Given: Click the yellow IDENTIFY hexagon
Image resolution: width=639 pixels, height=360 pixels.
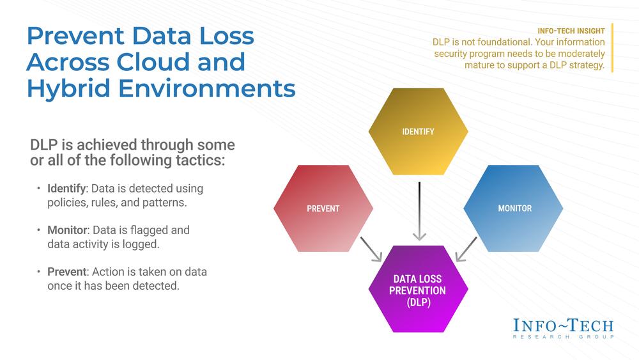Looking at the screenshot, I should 418,132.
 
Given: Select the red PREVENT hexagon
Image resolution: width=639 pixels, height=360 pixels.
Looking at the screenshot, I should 323,208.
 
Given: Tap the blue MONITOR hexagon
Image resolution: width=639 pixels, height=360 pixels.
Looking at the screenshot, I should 514,208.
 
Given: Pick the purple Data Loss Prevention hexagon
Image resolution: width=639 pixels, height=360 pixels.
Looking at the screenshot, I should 418,289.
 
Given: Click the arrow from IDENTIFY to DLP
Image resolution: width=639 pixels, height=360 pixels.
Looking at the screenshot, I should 419,211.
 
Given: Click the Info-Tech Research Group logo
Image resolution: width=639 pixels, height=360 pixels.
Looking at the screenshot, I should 563,327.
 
